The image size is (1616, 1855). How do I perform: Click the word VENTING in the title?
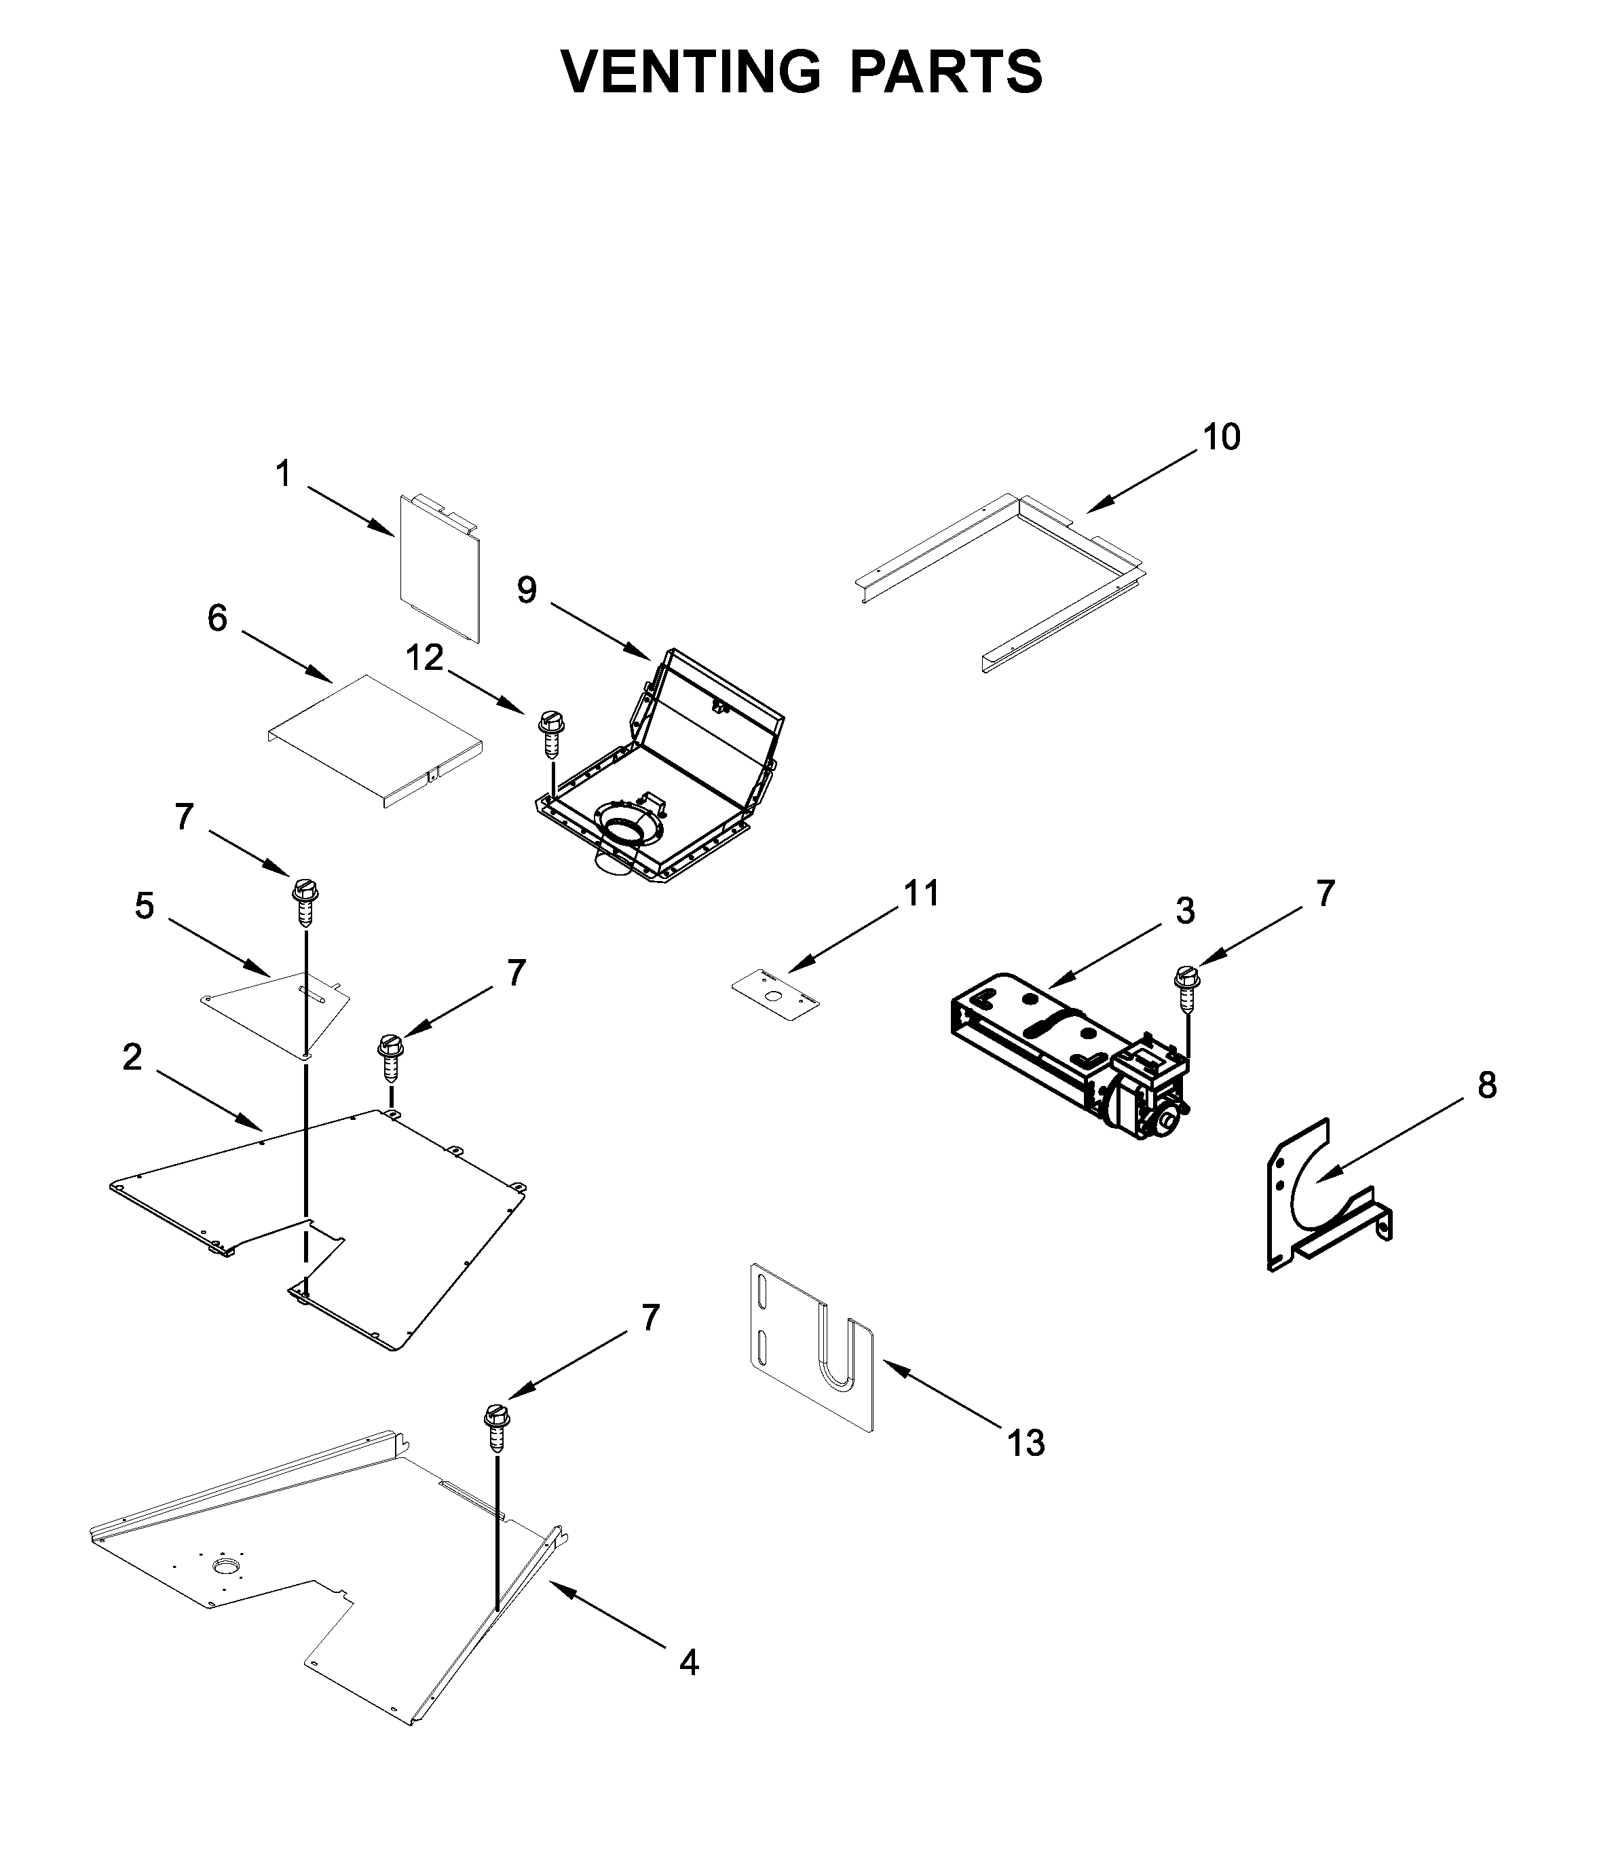[x=690, y=71]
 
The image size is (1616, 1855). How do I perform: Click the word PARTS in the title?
[x=946, y=71]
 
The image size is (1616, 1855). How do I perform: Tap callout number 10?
[x=1221, y=437]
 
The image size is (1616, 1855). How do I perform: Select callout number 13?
[x=1026, y=1443]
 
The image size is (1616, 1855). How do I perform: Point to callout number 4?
[x=688, y=1662]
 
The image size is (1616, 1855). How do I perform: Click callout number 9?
[x=527, y=591]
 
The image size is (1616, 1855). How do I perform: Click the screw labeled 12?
[x=550, y=733]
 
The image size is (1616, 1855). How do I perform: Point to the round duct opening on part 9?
[x=622, y=825]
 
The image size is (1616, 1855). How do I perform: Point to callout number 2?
[x=132, y=1057]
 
